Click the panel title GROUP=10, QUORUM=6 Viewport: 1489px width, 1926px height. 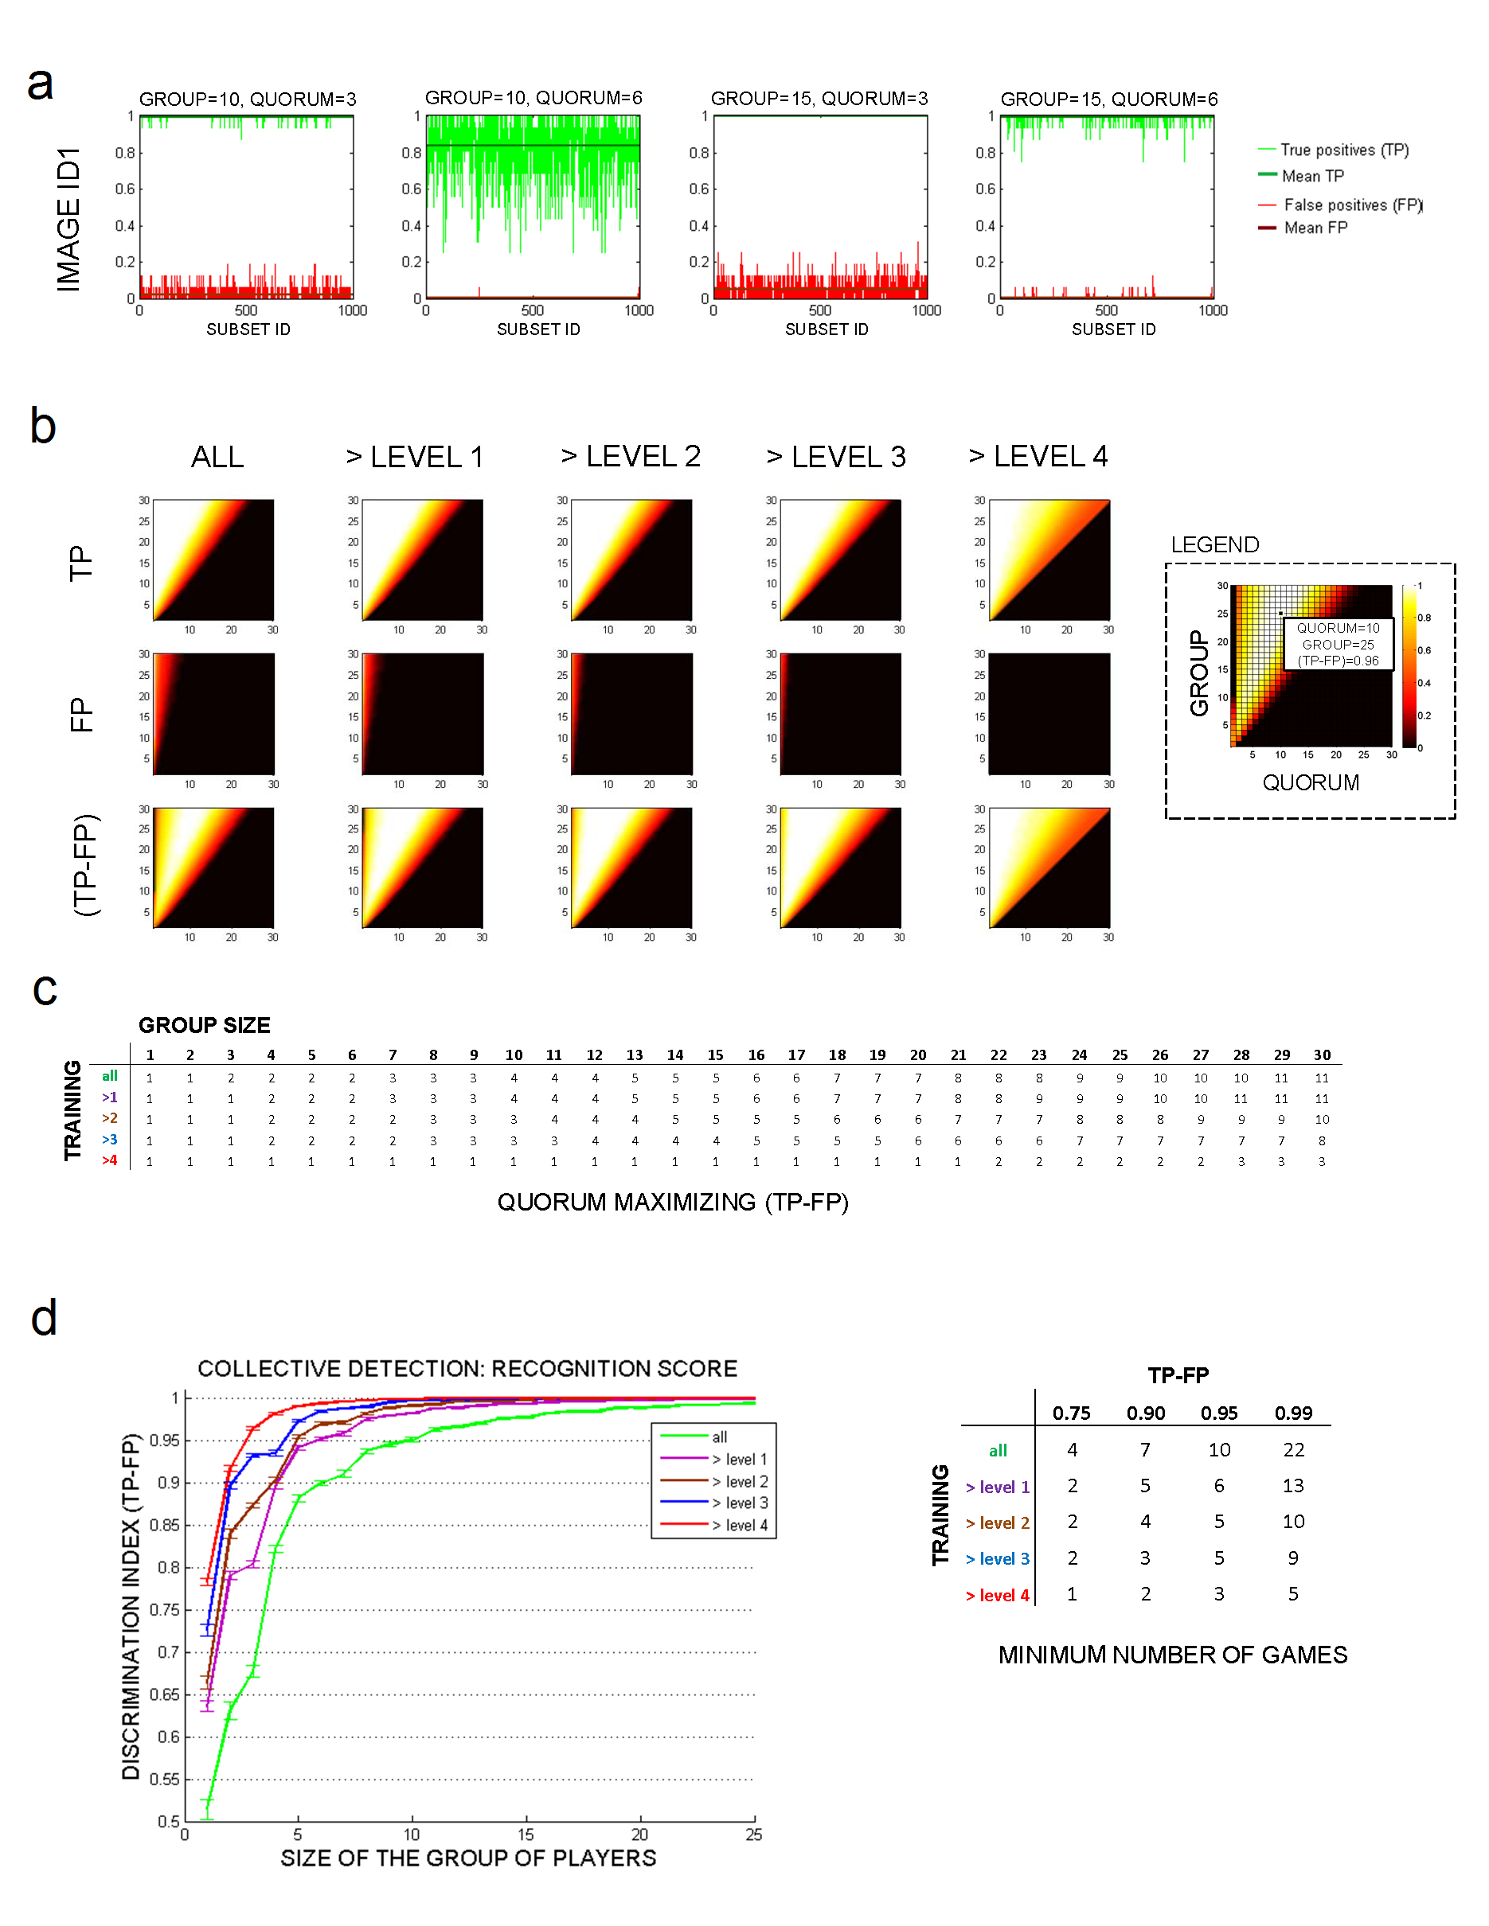pyautogui.click(x=533, y=98)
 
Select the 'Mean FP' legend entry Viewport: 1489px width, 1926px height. pyautogui.click(x=1315, y=228)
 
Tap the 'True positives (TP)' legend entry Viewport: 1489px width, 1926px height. pyautogui.click(x=1343, y=150)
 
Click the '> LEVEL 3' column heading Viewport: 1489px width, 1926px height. pyautogui.click(x=836, y=457)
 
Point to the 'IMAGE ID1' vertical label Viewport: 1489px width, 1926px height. pyautogui.click(x=68, y=219)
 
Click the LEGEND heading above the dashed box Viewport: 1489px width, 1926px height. pyautogui.click(x=1214, y=545)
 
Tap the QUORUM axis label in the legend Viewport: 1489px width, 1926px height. pyautogui.click(x=1310, y=783)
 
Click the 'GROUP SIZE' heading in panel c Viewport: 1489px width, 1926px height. pyautogui.click(x=205, y=1025)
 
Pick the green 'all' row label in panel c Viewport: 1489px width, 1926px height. pyautogui.click(x=109, y=1076)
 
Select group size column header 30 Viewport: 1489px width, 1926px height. pyautogui.click(x=1322, y=1055)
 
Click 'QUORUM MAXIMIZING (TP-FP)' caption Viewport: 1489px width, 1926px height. pyautogui.click(x=672, y=1202)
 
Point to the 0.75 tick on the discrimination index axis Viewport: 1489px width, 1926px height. pyautogui.click(x=164, y=1609)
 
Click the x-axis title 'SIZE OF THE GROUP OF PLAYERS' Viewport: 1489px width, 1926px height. pyautogui.click(x=468, y=1858)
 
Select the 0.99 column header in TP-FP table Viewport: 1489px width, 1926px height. pyautogui.click(x=1293, y=1413)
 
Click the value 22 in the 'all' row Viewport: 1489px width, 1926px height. pyautogui.click(x=1293, y=1450)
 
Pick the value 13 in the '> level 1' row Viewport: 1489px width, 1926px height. pyautogui.click(x=1293, y=1486)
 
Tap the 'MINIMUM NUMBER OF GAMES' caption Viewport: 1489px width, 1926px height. pyautogui.click(x=1172, y=1655)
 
